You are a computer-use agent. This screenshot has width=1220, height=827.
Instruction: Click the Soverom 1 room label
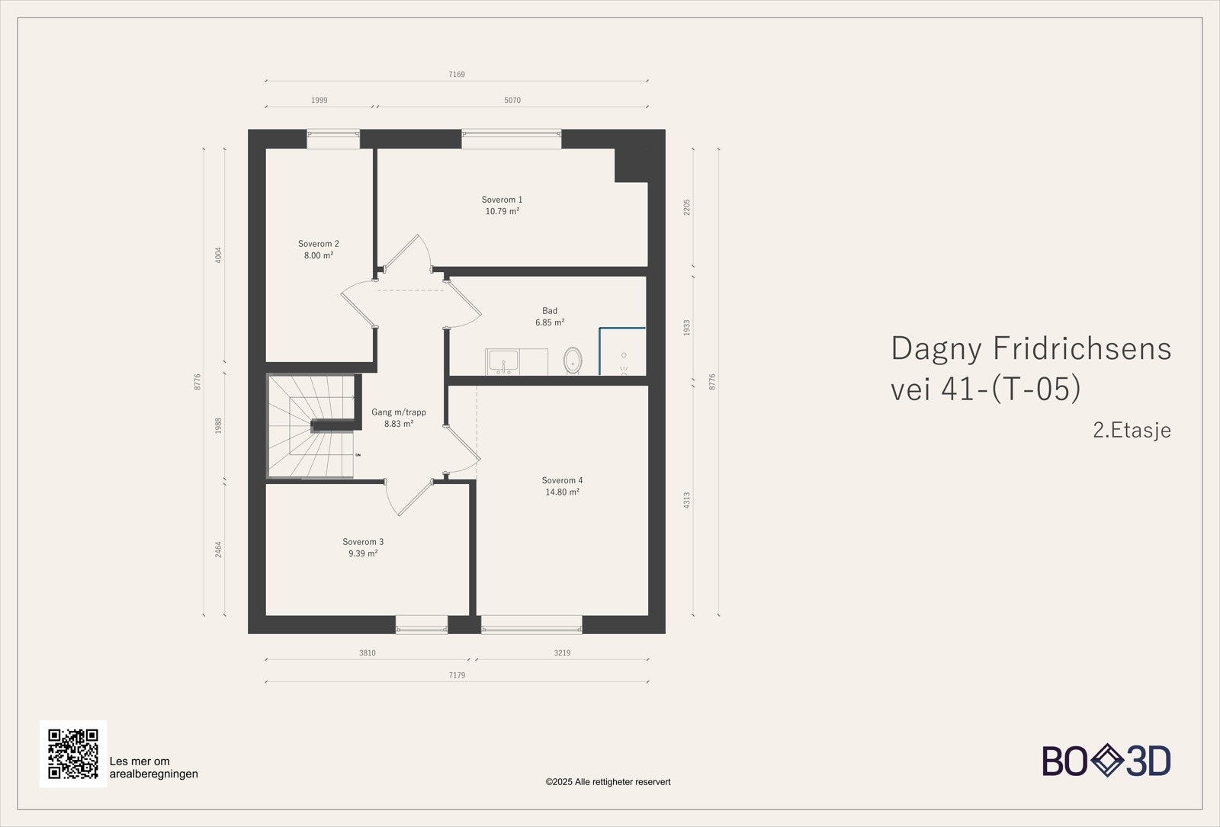(502, 200)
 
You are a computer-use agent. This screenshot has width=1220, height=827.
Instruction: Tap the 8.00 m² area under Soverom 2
(319, 255)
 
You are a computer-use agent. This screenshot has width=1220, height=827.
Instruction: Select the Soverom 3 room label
(363, 542)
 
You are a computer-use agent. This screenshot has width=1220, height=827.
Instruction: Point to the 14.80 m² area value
(562, 492)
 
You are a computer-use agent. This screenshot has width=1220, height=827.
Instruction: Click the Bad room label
(550, 311)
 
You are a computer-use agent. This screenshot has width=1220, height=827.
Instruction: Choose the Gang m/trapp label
(399, 412)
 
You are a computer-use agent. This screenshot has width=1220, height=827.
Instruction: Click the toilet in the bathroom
(573, 360)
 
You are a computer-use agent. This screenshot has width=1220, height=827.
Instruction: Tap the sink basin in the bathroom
(504, 361)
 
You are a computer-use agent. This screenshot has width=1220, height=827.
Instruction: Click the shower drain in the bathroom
(624, 355)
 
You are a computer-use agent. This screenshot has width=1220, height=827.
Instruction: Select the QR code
(73, 754)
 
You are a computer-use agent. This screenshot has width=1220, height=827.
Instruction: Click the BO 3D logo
(1106, 761)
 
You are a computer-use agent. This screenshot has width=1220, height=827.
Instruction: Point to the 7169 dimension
(457, 74)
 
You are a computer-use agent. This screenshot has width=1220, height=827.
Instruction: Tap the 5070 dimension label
(512, 100)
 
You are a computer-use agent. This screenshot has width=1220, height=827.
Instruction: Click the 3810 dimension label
(367, 652)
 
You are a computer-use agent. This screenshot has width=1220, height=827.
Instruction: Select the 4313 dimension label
(687, 500)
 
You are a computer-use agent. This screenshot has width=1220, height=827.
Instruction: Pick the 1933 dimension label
(687, 328)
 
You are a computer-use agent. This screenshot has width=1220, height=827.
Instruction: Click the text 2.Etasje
(1132, 430)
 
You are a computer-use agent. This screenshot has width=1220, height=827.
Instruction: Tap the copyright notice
(608, 782)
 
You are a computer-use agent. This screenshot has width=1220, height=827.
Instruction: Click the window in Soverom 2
(333, 139)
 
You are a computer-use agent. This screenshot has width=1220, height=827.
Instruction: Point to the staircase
(310, 426)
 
